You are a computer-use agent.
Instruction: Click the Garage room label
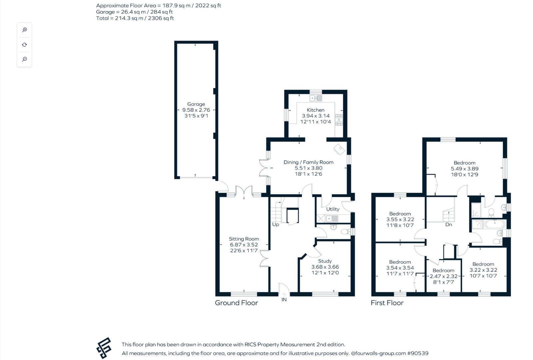196,104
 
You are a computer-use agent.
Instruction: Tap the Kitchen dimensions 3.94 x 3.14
315,116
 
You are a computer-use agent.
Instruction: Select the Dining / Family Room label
308,162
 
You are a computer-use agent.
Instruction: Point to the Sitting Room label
244,239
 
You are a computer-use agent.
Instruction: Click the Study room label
325,261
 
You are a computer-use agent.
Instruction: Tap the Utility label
332,209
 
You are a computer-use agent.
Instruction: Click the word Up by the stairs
275,224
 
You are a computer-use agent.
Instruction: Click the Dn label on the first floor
448,225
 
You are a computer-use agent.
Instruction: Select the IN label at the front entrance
284,300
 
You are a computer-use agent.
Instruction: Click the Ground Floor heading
236,303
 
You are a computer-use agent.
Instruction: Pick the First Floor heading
387,303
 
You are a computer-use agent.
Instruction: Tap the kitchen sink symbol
315,98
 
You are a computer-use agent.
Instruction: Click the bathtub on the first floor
495,224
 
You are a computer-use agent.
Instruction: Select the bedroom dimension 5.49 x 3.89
464,169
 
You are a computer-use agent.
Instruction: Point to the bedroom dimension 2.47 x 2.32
443,276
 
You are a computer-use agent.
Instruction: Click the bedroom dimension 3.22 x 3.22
483,270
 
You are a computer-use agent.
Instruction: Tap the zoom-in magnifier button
24,30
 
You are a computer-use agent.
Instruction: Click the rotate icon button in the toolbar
24,45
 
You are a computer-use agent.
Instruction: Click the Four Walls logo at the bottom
104,348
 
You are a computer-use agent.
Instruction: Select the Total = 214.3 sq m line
135,18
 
